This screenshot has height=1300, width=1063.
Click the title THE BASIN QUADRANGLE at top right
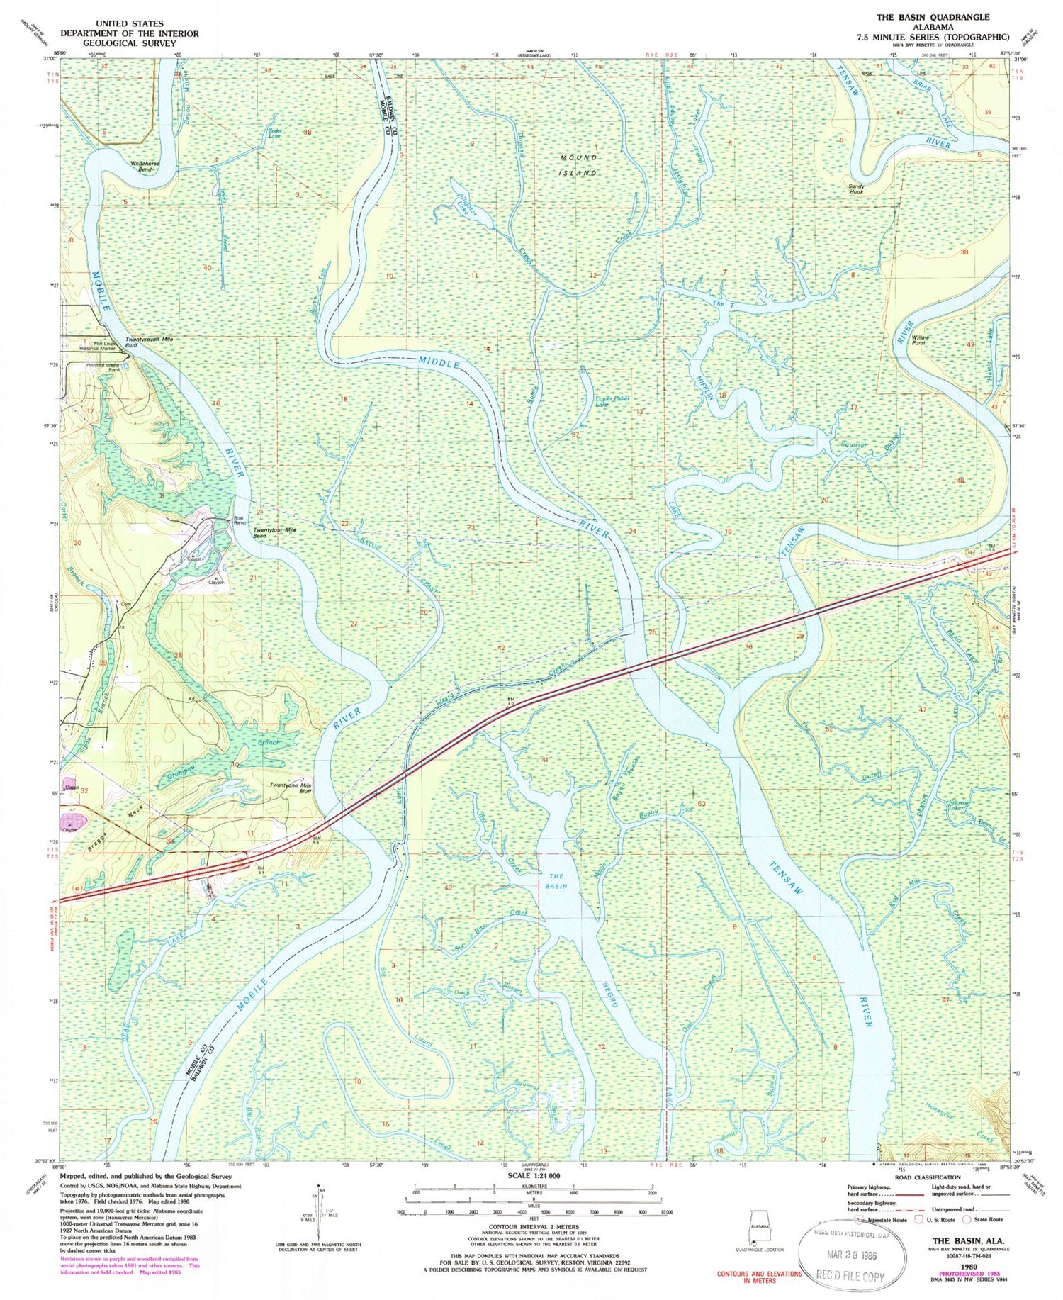point(932,17)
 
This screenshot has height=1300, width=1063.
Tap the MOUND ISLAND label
point(579,164)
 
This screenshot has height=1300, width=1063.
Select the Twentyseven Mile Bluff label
point(150,342)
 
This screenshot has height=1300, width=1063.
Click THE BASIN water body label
point(556,881)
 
